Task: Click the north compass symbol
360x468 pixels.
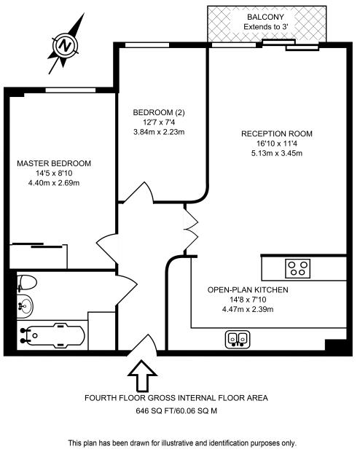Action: (x=67, y=45)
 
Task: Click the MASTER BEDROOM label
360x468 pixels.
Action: (x=54, y=163)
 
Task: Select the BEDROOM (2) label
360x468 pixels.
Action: (x=159, y=112)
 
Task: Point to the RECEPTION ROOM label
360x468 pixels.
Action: (x=277, y=133)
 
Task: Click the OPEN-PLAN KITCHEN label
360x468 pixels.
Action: (x=248, y=289)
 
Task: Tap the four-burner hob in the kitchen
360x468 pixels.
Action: (x=297, y=268)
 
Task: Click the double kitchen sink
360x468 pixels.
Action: (x=237, y=338)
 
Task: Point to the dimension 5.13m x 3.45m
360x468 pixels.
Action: (x=277, y=154)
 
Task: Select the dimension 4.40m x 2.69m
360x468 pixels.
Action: (x=54, y=183)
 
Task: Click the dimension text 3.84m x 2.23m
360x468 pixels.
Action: (x=159, y=132)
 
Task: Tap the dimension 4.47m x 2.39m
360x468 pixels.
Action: (x=248, y=309)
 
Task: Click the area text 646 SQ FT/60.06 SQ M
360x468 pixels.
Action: (x=176, y=411)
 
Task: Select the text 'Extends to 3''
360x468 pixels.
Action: (x=265, y=28)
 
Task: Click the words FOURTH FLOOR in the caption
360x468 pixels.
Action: (x=114, y=398)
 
